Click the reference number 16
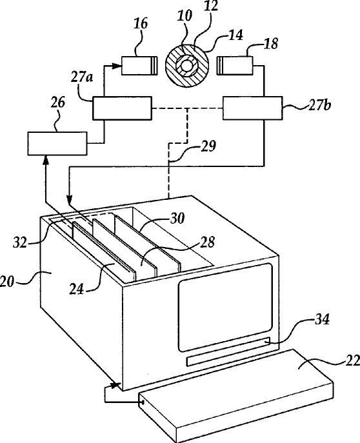(x=141, y=24)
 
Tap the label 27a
(x=81, y=77)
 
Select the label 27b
(x=319, y=105)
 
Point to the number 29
(x=208, y=146)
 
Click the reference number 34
(x=322, y=320)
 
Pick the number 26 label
(x=58, y=103)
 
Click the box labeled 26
(x=57, y=144)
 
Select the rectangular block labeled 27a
(x=123, y=108)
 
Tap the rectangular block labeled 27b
(x=253, y=108)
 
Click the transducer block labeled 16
(x=139, y=66)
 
